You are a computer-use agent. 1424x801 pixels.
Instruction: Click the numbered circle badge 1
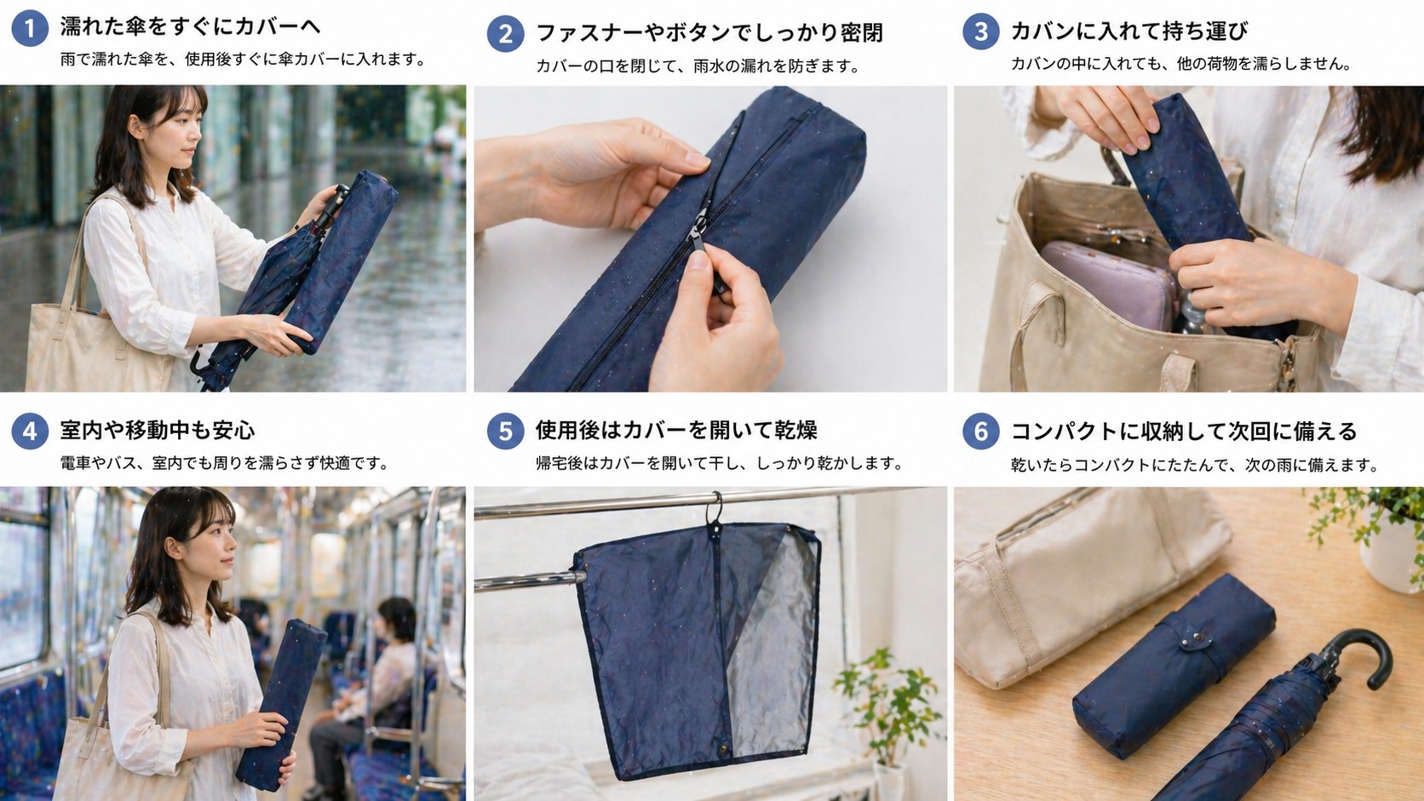[30, 29]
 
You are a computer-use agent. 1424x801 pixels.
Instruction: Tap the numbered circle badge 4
[30, 432]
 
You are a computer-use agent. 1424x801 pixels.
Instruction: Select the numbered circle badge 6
[980, 432]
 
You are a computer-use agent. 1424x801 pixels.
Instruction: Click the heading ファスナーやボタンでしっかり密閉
[709, 33]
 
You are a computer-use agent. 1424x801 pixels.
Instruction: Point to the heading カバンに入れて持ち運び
[1128, 31]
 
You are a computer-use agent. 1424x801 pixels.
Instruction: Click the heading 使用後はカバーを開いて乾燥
[675, 430]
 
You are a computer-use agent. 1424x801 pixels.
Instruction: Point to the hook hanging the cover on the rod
[715, 511]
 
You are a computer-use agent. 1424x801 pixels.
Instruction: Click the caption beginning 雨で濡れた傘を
[243, 60]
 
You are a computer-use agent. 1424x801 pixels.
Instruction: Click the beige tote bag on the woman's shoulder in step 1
[77, 340]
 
